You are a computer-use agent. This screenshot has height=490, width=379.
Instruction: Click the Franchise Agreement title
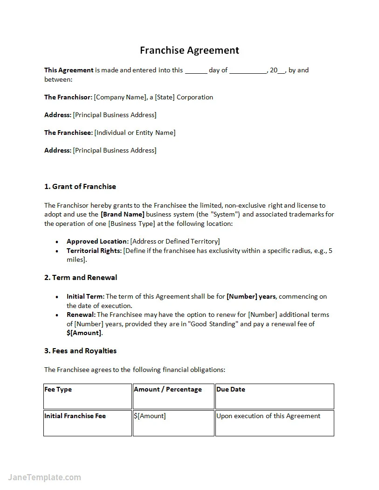coord(189,50)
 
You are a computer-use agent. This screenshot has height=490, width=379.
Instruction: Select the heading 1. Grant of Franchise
coord(80,187)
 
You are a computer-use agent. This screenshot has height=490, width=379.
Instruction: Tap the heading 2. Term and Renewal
coord(81,278)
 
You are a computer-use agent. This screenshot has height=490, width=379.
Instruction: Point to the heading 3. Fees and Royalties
coord(80,351)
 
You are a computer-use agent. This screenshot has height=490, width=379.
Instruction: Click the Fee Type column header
coord(58,390)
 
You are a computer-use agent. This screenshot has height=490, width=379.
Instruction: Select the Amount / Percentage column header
coord(167,390)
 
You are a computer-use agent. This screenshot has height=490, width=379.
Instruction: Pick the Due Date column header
coord(231,390)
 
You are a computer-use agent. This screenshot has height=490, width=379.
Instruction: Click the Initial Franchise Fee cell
coord(75,416)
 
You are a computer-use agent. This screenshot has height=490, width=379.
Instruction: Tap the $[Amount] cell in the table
coord(150,416)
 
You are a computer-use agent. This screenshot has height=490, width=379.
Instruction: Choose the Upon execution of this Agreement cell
coord(269,416)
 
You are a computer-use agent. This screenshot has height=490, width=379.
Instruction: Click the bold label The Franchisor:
coord(68,98)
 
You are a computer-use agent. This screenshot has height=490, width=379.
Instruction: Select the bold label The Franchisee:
coord(69,133)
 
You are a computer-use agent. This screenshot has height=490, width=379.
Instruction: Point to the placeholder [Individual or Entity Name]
coord(135,133)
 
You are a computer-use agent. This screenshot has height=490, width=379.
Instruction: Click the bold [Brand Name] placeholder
coord(123,215)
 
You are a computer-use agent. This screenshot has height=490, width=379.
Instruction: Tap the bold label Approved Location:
coord(97,242)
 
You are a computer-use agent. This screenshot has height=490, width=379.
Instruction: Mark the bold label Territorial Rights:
coord(94,251)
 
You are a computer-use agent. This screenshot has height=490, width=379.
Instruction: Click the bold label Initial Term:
coord(85,297)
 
